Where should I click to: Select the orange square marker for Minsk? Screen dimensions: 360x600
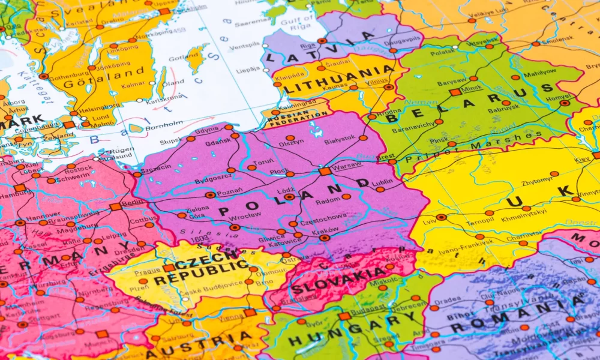point(455,92)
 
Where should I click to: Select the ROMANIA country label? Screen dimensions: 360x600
point(516,315)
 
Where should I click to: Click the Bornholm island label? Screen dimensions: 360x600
point(163,125)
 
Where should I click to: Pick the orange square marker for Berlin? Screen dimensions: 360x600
point(115,206)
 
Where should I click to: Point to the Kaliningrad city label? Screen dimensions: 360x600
point(296,104)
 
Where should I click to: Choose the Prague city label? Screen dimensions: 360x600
point(147,271)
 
